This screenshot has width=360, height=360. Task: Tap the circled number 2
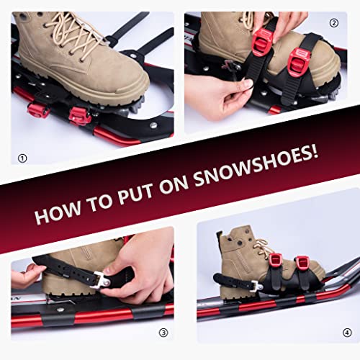pos(333,22)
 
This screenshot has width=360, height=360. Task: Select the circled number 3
pos(163,332)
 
